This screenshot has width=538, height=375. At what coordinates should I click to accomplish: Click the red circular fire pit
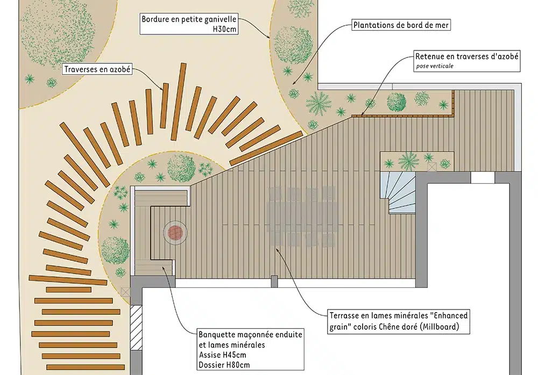[x=175, y=233]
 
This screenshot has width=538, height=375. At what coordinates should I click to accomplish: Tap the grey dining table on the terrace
[x=302, y=217]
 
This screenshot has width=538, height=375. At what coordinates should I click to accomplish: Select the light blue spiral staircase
[x=398, y=193]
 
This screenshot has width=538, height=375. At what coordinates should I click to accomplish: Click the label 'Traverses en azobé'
[x=97, y=69]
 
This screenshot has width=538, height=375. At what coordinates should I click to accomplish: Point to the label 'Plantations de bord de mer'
[x=401, y=25]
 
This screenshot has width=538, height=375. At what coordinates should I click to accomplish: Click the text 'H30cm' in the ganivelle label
[x=225, y=29]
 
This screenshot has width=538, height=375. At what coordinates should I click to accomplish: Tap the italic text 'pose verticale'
[x=435, y=66]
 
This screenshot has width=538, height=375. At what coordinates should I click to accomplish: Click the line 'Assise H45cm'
[x=222, y=355]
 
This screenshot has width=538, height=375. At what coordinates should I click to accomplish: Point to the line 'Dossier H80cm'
[x=224, y=365]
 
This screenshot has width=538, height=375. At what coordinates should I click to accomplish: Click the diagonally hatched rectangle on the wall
[x=136, y=327]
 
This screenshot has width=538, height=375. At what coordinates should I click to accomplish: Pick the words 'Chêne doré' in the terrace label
[x=398, y=326]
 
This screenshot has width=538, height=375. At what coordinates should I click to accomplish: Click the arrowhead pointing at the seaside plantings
[x=294, y=83]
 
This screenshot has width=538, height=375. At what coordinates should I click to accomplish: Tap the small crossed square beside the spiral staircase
[x=432, y=167]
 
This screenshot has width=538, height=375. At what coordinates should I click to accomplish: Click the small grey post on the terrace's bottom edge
[x=274, y=282]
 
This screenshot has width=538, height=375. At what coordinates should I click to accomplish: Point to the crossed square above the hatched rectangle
[x=125, y=292]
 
